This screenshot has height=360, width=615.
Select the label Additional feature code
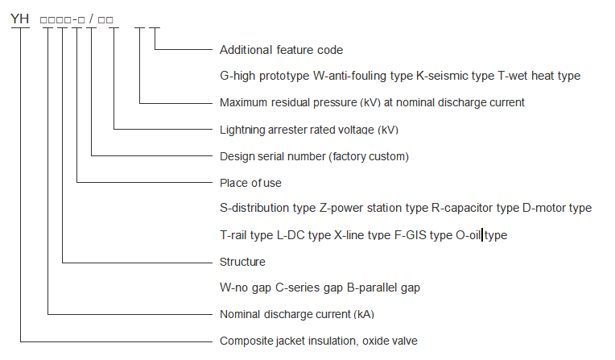[281, 50]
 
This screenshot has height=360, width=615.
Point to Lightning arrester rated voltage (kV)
[308, 129]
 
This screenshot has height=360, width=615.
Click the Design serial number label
[314, 155]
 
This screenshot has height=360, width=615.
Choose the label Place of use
[250, 182]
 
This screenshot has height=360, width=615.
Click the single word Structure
[242, 262]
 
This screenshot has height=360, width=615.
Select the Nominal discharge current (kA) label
[297, 314]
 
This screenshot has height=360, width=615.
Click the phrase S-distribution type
[267, 208]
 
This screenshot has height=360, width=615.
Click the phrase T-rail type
[246, 235]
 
